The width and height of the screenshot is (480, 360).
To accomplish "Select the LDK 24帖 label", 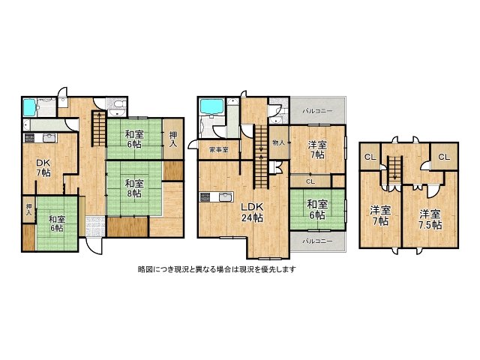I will click(251, 213).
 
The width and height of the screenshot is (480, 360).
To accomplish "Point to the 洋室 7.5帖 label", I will click(430, 217).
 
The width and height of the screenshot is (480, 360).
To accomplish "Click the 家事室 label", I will click(219, 149).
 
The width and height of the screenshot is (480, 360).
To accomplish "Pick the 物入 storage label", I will click(278, 142).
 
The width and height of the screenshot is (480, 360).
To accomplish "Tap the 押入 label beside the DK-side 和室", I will click(28, 209).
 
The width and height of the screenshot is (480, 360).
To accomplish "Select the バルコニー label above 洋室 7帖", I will click(318, 110).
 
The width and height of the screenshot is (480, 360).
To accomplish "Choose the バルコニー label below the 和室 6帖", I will click(318, 241).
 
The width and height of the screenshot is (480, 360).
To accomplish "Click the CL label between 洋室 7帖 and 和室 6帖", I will click(310, 181).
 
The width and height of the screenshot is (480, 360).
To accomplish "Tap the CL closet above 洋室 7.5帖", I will click(442, 157).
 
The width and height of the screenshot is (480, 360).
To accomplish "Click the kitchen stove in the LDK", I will click(206, 198).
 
